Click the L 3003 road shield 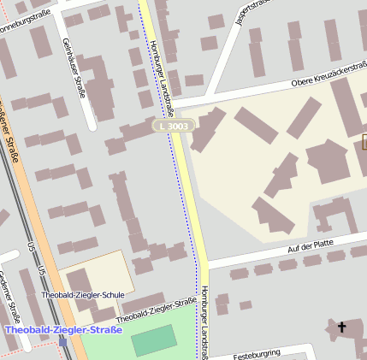point(174,126)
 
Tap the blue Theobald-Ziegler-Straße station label point(63,329)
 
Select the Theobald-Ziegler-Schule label point(83,295)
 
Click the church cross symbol point(342,327)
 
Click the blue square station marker point(62,340)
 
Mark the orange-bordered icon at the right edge point(364,142)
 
